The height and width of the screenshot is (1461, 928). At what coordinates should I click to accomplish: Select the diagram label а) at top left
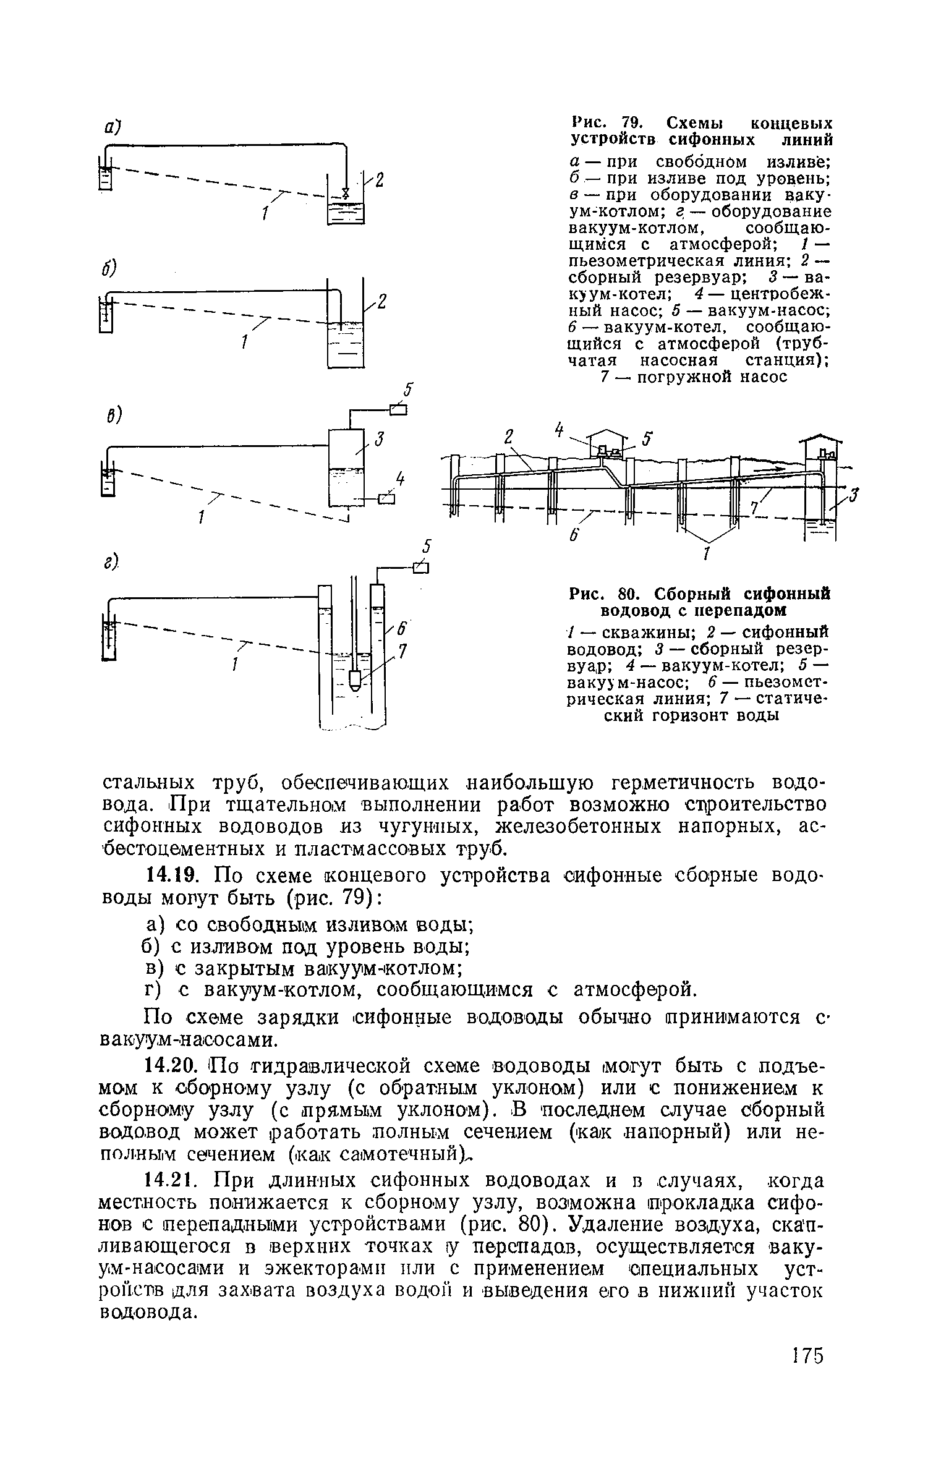111,127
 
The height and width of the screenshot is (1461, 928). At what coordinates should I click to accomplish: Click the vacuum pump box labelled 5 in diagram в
399,409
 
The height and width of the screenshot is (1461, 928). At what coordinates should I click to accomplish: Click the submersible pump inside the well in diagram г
354,681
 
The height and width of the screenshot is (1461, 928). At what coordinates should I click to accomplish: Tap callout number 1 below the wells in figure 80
705,553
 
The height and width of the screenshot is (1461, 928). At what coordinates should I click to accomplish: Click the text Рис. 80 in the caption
603,594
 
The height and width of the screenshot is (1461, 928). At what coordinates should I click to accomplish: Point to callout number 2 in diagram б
381,302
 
